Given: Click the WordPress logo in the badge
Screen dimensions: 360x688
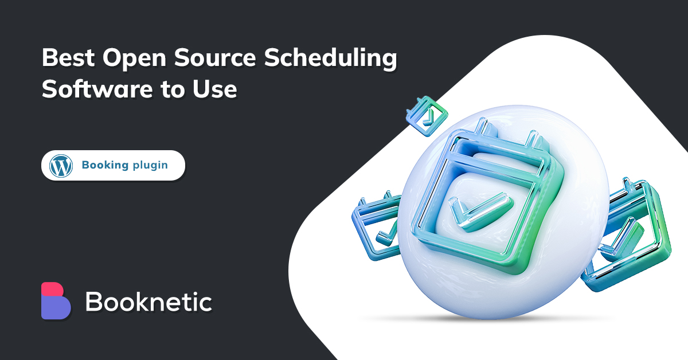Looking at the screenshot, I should click(x=61, y=166).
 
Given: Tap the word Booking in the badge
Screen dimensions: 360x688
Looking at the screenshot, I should click(x=105, y=166).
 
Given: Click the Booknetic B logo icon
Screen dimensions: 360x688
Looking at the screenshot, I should click(x=56, y=300).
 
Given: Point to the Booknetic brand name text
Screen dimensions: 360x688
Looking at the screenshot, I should click(x=148, y=302).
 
